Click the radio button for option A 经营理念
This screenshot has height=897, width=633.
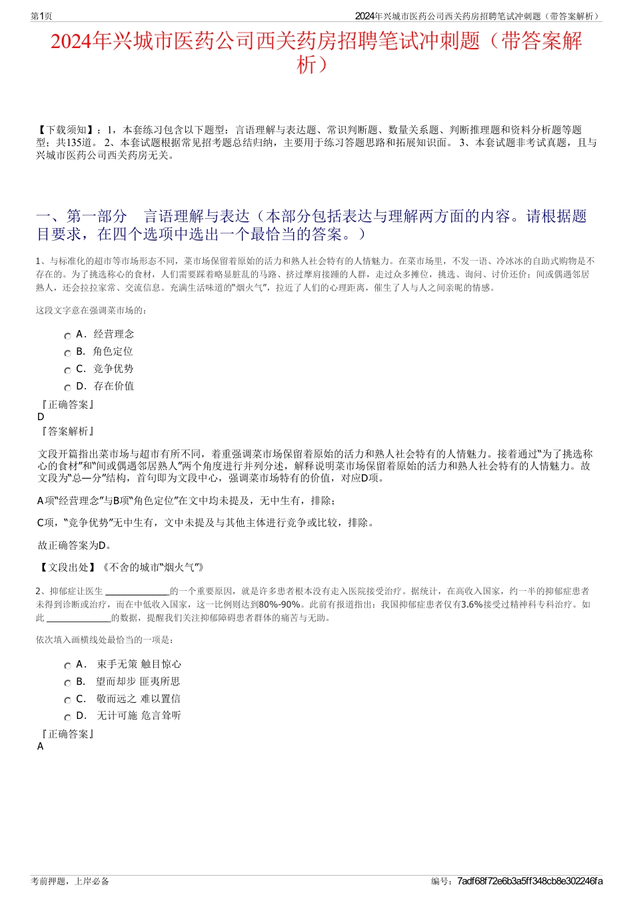click(67, 336)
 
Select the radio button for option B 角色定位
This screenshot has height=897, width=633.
click(67, 353)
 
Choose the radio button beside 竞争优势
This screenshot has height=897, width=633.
click(67, 371)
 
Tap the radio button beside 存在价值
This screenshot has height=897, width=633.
click(67, 388)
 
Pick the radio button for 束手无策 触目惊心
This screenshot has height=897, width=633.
click(67, 666)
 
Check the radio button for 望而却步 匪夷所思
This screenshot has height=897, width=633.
click(67, 684)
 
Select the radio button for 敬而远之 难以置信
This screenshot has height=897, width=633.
click(67, 701)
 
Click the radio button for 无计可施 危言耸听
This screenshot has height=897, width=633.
click(67, 718)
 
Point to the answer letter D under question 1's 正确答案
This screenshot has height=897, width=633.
click(41, 417)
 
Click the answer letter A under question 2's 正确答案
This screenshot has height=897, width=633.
click(41, 746)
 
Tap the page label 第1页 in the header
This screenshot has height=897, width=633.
click(41, 16)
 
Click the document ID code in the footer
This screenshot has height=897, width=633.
click(530, 881)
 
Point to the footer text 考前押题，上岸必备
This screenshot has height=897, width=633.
click(70, 881)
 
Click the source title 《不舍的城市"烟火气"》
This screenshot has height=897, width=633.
click(152, 567)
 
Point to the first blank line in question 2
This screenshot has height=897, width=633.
click(137, 591)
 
